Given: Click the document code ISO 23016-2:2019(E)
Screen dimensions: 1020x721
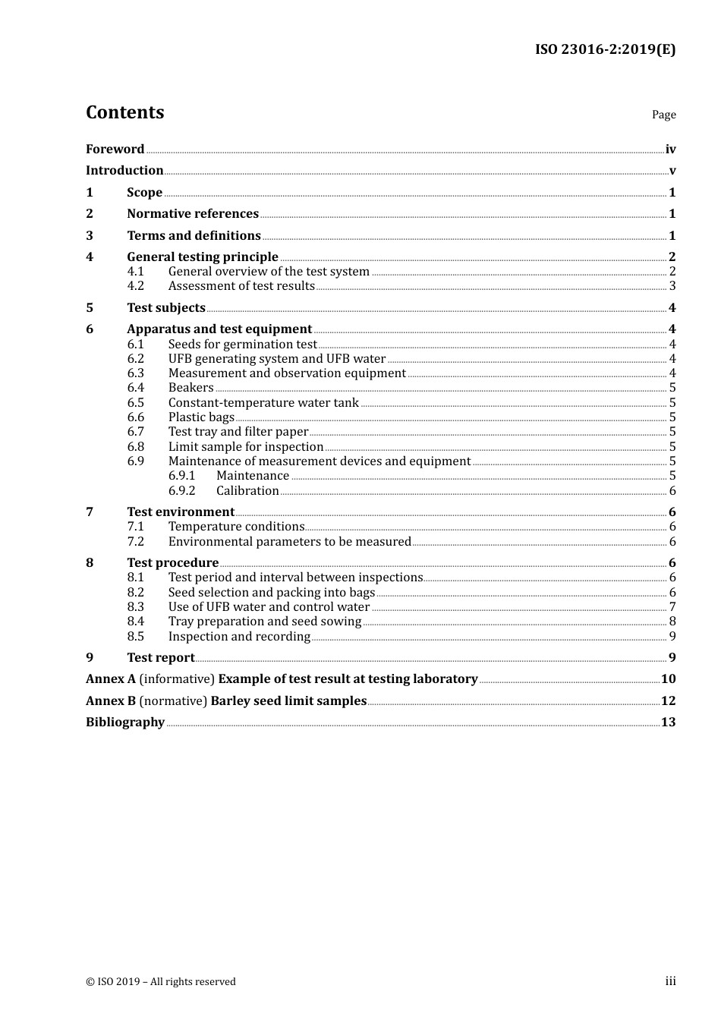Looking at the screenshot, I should (x=605, y=49).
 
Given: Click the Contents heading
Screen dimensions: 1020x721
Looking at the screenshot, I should (x=124, y=112).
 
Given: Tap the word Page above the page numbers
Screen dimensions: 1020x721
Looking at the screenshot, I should (x=663, y=115).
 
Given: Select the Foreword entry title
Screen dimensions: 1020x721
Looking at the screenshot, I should (x=115, y=150).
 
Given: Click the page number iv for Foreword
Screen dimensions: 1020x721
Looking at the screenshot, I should (x=670, y=150).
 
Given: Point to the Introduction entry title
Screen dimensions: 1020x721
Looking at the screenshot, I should (x=124, y=171).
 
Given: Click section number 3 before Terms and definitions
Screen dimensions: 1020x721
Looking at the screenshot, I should (x=90, y=236).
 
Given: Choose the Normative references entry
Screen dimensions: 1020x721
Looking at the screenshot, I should (x=193, y=214).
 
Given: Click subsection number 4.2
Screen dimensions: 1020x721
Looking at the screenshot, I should (x=135, y=286).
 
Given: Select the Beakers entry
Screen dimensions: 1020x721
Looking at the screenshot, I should (x=190, y=388).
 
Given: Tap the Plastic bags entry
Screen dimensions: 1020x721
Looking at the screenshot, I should (x=201, y=417).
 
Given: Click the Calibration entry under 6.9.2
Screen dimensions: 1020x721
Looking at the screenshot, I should (x=247, y=491).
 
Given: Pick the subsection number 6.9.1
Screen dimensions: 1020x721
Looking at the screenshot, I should (x=181, y=476).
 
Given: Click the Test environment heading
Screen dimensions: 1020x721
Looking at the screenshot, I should (x=181, y=512).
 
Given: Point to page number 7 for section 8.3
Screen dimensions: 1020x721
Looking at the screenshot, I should (x=672, y=607).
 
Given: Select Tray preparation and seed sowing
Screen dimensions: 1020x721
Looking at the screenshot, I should (x=265, y=622).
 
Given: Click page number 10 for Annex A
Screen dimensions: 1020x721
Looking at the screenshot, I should (x=668, y=679).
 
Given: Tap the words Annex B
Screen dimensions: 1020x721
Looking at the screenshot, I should (x=111, y=701).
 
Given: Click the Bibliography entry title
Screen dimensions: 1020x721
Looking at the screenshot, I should (x=125, y=722).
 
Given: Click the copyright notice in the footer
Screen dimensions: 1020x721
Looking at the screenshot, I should (x=161, y=982).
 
